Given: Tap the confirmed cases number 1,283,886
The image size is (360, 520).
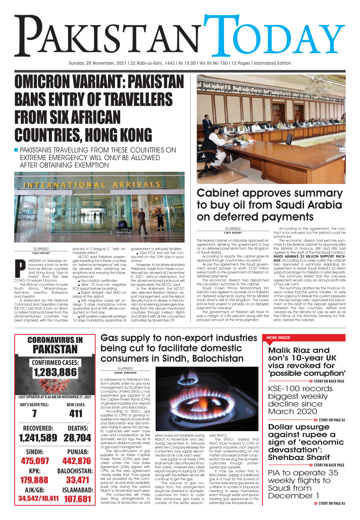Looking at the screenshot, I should point(55,372).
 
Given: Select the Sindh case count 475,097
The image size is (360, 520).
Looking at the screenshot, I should point(35,461).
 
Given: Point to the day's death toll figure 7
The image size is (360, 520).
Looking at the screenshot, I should point(34,413).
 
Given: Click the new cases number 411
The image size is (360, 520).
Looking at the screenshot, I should point(76,413).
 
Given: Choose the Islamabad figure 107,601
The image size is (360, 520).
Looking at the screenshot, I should point(77,499).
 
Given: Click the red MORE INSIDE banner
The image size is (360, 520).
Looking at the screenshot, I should point(303,338).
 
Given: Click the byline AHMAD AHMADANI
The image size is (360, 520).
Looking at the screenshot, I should point(125,373).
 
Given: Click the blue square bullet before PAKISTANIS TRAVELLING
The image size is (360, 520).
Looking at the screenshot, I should point(16,150).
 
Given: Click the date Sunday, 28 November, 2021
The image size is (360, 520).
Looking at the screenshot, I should point(97,63).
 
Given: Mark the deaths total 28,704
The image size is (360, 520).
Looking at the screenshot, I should point(77,438).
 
